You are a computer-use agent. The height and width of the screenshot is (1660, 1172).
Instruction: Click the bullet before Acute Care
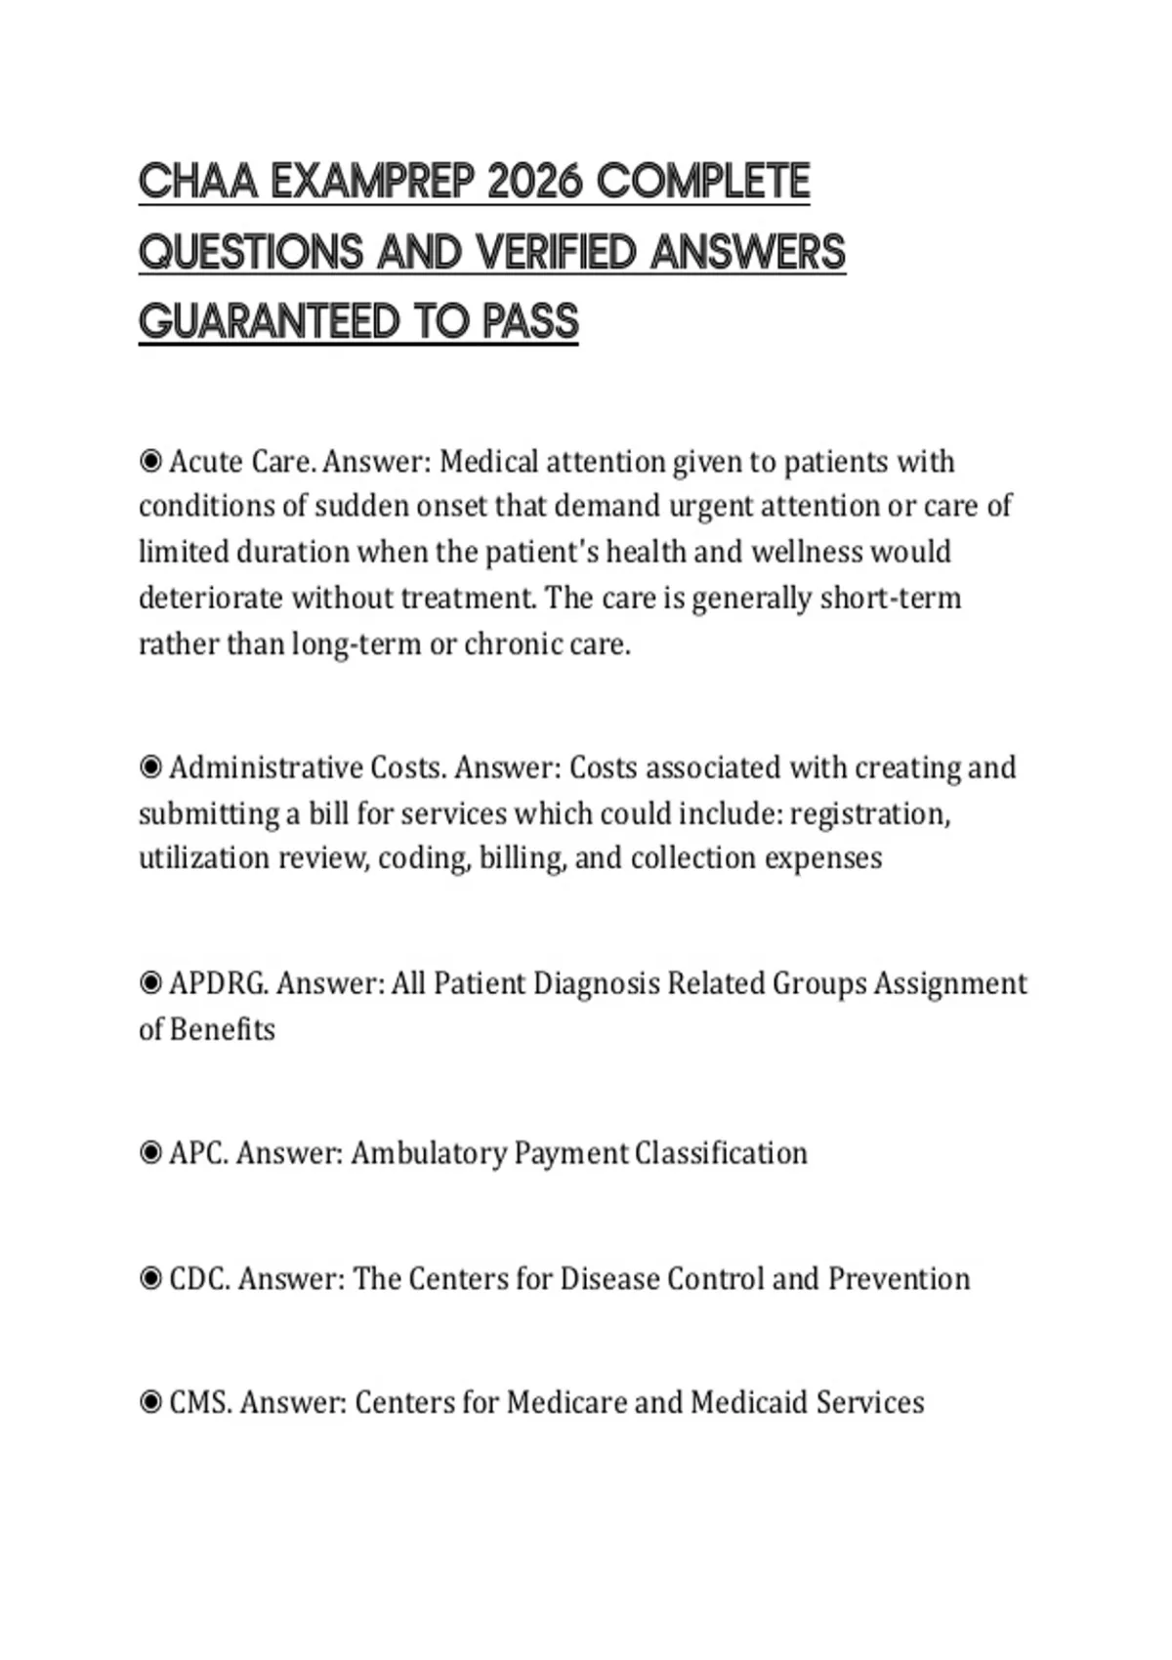pyautogui.click(x=150, y=461)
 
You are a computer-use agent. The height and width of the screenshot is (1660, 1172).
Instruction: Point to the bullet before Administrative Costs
pyautogui.click(x=150, y=768)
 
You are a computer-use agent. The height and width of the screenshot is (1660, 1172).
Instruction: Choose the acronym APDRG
pyautogui.click(x=218, y=983)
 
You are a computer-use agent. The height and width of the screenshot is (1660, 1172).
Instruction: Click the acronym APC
pyautogui.click(x=198, y=1153)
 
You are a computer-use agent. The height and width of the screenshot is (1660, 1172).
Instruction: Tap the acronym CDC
pyautogui.click(x=199, y=1278)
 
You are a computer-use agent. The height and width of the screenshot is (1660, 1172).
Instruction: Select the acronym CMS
pyautogui.click(x=200, y=1403)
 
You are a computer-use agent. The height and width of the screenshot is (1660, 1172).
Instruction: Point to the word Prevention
pyautogui.click(x=899, y=1278)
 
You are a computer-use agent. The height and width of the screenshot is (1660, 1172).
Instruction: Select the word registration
pyautogui.click(x=869, y=813)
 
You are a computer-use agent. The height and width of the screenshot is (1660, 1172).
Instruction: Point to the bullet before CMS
pyautogui.click(x=150, y=1403)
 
